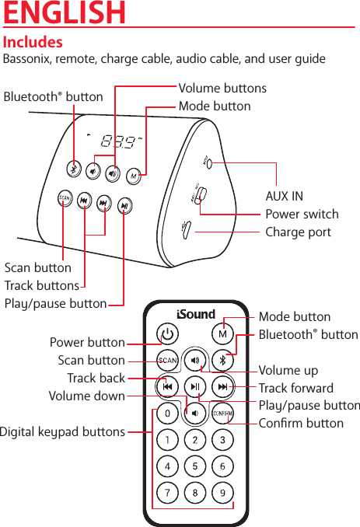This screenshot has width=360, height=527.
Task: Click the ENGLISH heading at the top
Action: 65,13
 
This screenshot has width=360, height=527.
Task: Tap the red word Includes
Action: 33,42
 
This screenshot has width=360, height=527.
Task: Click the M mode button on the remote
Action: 222,334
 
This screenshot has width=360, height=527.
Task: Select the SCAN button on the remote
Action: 168,360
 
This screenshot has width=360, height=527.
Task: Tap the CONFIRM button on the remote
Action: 222,413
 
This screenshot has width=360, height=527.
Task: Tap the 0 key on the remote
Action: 168,413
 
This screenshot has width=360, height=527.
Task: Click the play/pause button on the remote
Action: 195,386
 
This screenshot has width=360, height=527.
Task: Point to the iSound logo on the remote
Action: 195,315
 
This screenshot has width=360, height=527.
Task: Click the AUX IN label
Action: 285,196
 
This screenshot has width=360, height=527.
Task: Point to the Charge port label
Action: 298,232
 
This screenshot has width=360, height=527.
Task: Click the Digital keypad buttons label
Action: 63,431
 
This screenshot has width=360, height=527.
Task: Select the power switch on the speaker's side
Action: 199,201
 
